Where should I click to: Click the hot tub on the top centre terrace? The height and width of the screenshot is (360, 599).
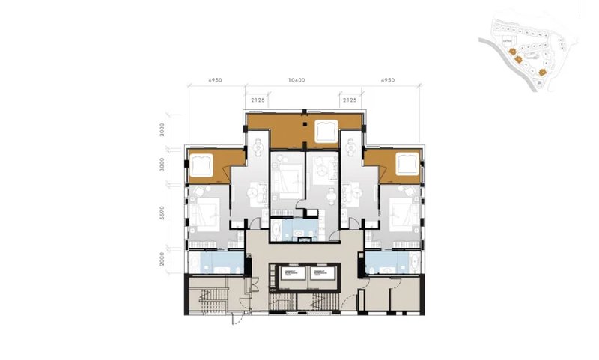pos(326,130)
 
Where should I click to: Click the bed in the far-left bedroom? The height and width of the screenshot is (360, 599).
pos(207,210)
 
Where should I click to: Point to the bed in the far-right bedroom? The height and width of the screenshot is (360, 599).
pos(400,210)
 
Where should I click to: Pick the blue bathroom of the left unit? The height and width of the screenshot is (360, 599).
pos(213,262)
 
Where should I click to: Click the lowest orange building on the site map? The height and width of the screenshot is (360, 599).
pos(540,73)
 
